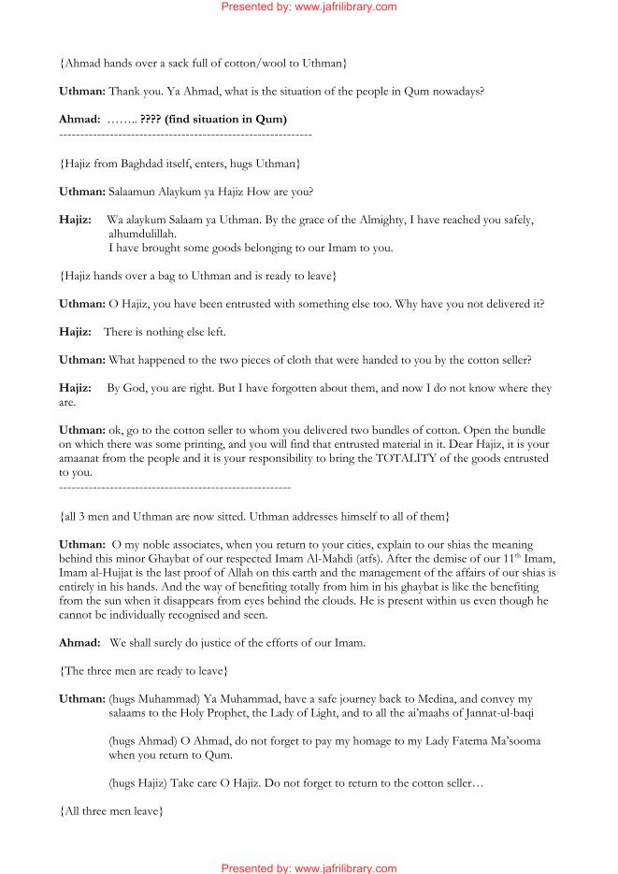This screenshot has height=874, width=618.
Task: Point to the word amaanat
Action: point(84,460)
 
